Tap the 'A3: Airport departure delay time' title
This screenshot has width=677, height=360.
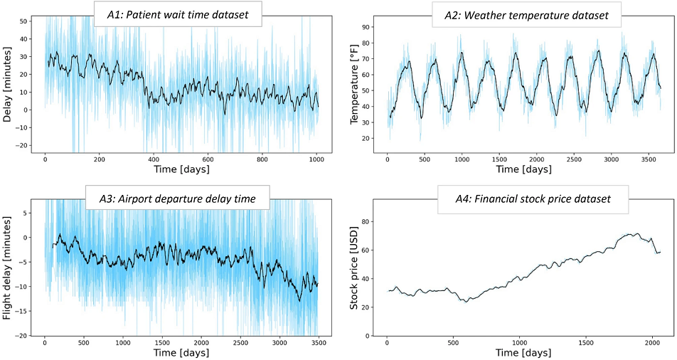(176, 199)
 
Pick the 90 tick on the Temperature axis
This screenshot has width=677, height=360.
(368, 27)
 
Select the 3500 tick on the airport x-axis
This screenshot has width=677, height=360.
(318, 342)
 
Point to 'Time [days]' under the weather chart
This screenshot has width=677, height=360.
(523, 170)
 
